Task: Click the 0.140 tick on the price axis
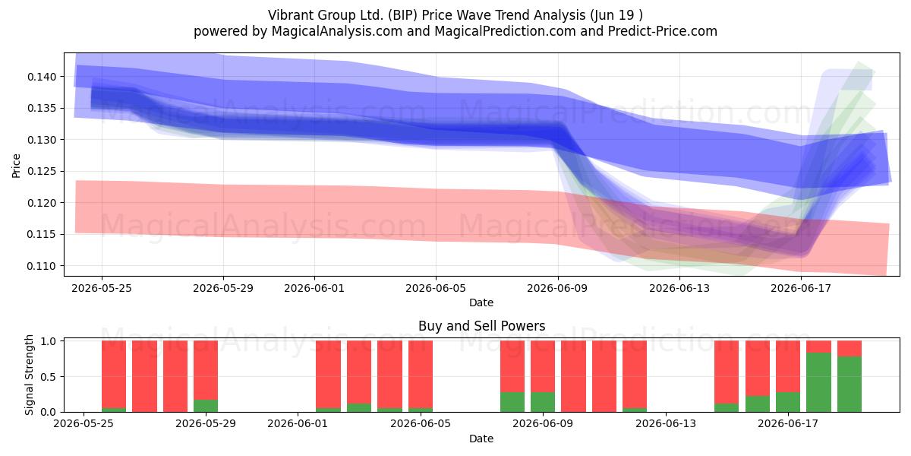coord(42,77)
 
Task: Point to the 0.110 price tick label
coord(42,266)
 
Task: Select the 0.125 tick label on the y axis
coord(42,172)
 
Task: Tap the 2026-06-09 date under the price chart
coord(557,288)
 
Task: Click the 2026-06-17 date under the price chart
coord(801,288)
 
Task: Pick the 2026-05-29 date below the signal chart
coord(206,424)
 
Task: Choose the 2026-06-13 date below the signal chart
coord(666,424)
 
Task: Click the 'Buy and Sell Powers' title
coord(481,326)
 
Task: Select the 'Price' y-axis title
coord(16,166)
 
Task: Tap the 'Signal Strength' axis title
coord(29,375)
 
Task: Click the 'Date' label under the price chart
coord(481,302)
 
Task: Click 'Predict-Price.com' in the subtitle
coord(663,31)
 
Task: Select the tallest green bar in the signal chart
coord(818,382)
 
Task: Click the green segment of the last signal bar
coord(850,384)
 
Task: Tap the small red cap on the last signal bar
coord(850,349)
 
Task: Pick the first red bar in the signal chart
coord(114,374)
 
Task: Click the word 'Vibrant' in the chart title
coord(290,15)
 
